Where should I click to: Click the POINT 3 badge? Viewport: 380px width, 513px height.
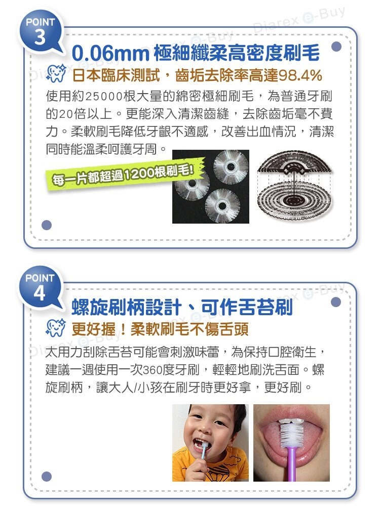click(40, 32)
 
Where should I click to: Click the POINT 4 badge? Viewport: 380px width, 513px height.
click(40, 288)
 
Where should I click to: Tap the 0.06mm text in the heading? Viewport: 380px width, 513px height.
click(110, 53)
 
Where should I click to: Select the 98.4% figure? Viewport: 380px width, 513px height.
click(300, 75)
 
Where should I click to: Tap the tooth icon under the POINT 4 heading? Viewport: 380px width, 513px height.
click(56, 328)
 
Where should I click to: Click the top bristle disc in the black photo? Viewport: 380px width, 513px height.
click(231, 167)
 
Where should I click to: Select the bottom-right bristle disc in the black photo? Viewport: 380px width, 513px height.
click(222, 206)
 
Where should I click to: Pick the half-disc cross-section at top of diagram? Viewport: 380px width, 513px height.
click(294, 162)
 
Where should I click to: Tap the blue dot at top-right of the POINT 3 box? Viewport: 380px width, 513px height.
click(336, 47)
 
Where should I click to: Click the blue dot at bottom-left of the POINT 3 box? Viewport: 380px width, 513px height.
click(47, 225)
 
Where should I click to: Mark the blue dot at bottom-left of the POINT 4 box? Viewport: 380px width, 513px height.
click(47, 477)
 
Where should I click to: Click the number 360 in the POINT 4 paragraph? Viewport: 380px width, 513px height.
click(153, 370)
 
